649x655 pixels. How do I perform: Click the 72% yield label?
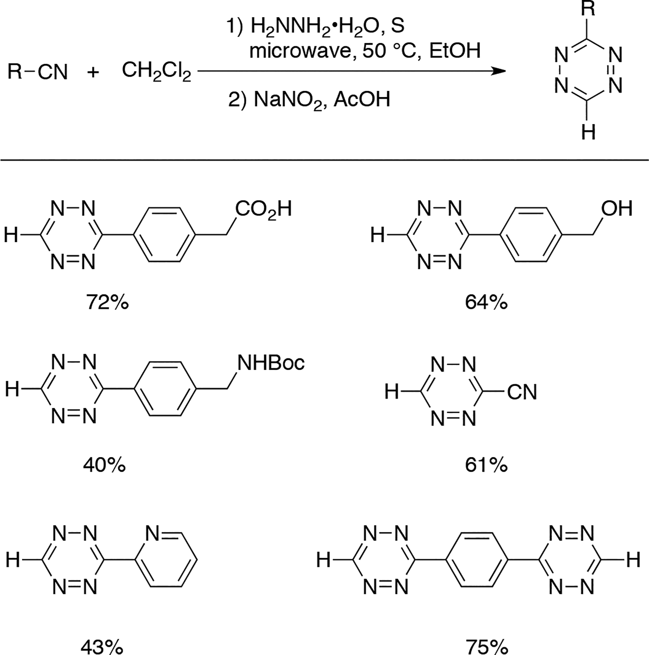(107, 302)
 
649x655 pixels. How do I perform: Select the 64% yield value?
(486, 302)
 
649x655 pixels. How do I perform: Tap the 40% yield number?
(104, 465)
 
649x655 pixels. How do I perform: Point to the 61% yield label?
(486, 465)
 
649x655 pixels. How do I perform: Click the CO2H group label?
(263, 210)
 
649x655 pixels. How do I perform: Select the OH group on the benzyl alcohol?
(617, 209)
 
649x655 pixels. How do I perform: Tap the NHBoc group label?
(271, 363)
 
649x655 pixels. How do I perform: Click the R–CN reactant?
(38, 72)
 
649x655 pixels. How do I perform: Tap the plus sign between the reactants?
(93, 72)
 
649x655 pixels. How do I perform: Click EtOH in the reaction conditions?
(455, 51)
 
